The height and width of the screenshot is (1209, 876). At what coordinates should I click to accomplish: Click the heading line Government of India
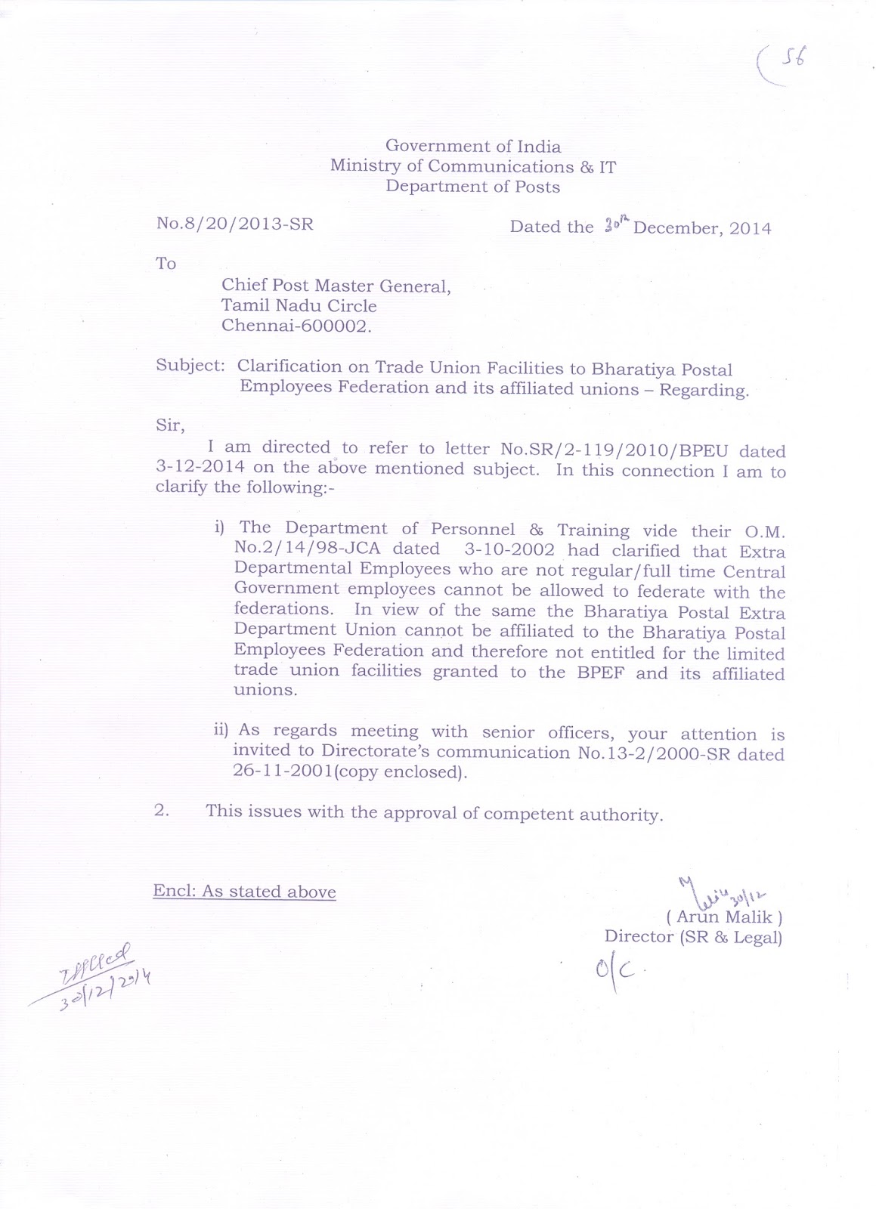[x=473, y=146]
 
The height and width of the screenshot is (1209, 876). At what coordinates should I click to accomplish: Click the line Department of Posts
[x=473, y=186]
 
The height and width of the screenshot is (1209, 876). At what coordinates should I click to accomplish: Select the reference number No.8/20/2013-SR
[x=234, y=224]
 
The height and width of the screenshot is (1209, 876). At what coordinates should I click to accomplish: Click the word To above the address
[x=166, y=264]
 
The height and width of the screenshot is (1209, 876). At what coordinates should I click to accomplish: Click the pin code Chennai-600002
[x=296, y=326]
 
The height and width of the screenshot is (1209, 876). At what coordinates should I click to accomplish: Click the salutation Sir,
[x=169, y=425]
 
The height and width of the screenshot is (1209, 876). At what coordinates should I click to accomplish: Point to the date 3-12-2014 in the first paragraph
[x=200, y=467]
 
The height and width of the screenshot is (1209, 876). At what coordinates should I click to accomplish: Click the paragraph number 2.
[x=160, y=812]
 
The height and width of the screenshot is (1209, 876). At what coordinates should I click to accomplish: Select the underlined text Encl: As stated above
[x=244, y=892]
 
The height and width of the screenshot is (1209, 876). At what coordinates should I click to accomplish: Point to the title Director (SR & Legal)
[x=692, y=937]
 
